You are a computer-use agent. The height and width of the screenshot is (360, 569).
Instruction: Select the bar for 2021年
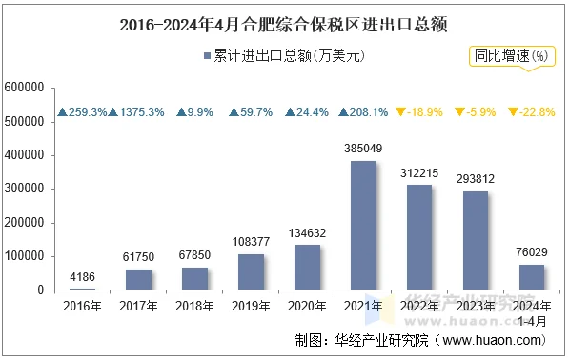click(x=363, y=225)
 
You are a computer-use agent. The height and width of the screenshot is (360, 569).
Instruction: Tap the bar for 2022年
click(x=419, y=237)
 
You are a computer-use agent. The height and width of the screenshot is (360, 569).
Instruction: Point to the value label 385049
click(x=363, y=150)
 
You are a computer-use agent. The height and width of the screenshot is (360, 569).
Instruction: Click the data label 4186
click(x=83, y=277)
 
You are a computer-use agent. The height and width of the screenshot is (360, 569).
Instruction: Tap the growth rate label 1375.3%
click(x=142, y=112)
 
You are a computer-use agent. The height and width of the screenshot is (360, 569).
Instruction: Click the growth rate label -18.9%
click(x=424, y=112)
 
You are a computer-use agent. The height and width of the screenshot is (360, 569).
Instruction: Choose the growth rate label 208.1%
click(x=368, y=112)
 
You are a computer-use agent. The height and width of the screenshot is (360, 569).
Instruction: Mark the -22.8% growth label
click(x=537, y=112)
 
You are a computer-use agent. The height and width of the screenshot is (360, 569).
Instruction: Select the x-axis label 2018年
click(x=194, y=307)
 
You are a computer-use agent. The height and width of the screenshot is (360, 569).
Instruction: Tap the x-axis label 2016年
click(x=83, y=307)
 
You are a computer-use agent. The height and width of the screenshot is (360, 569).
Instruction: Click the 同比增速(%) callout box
click(x=513, y=56)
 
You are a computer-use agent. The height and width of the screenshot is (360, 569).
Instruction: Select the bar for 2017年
click(x=138, y=279)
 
